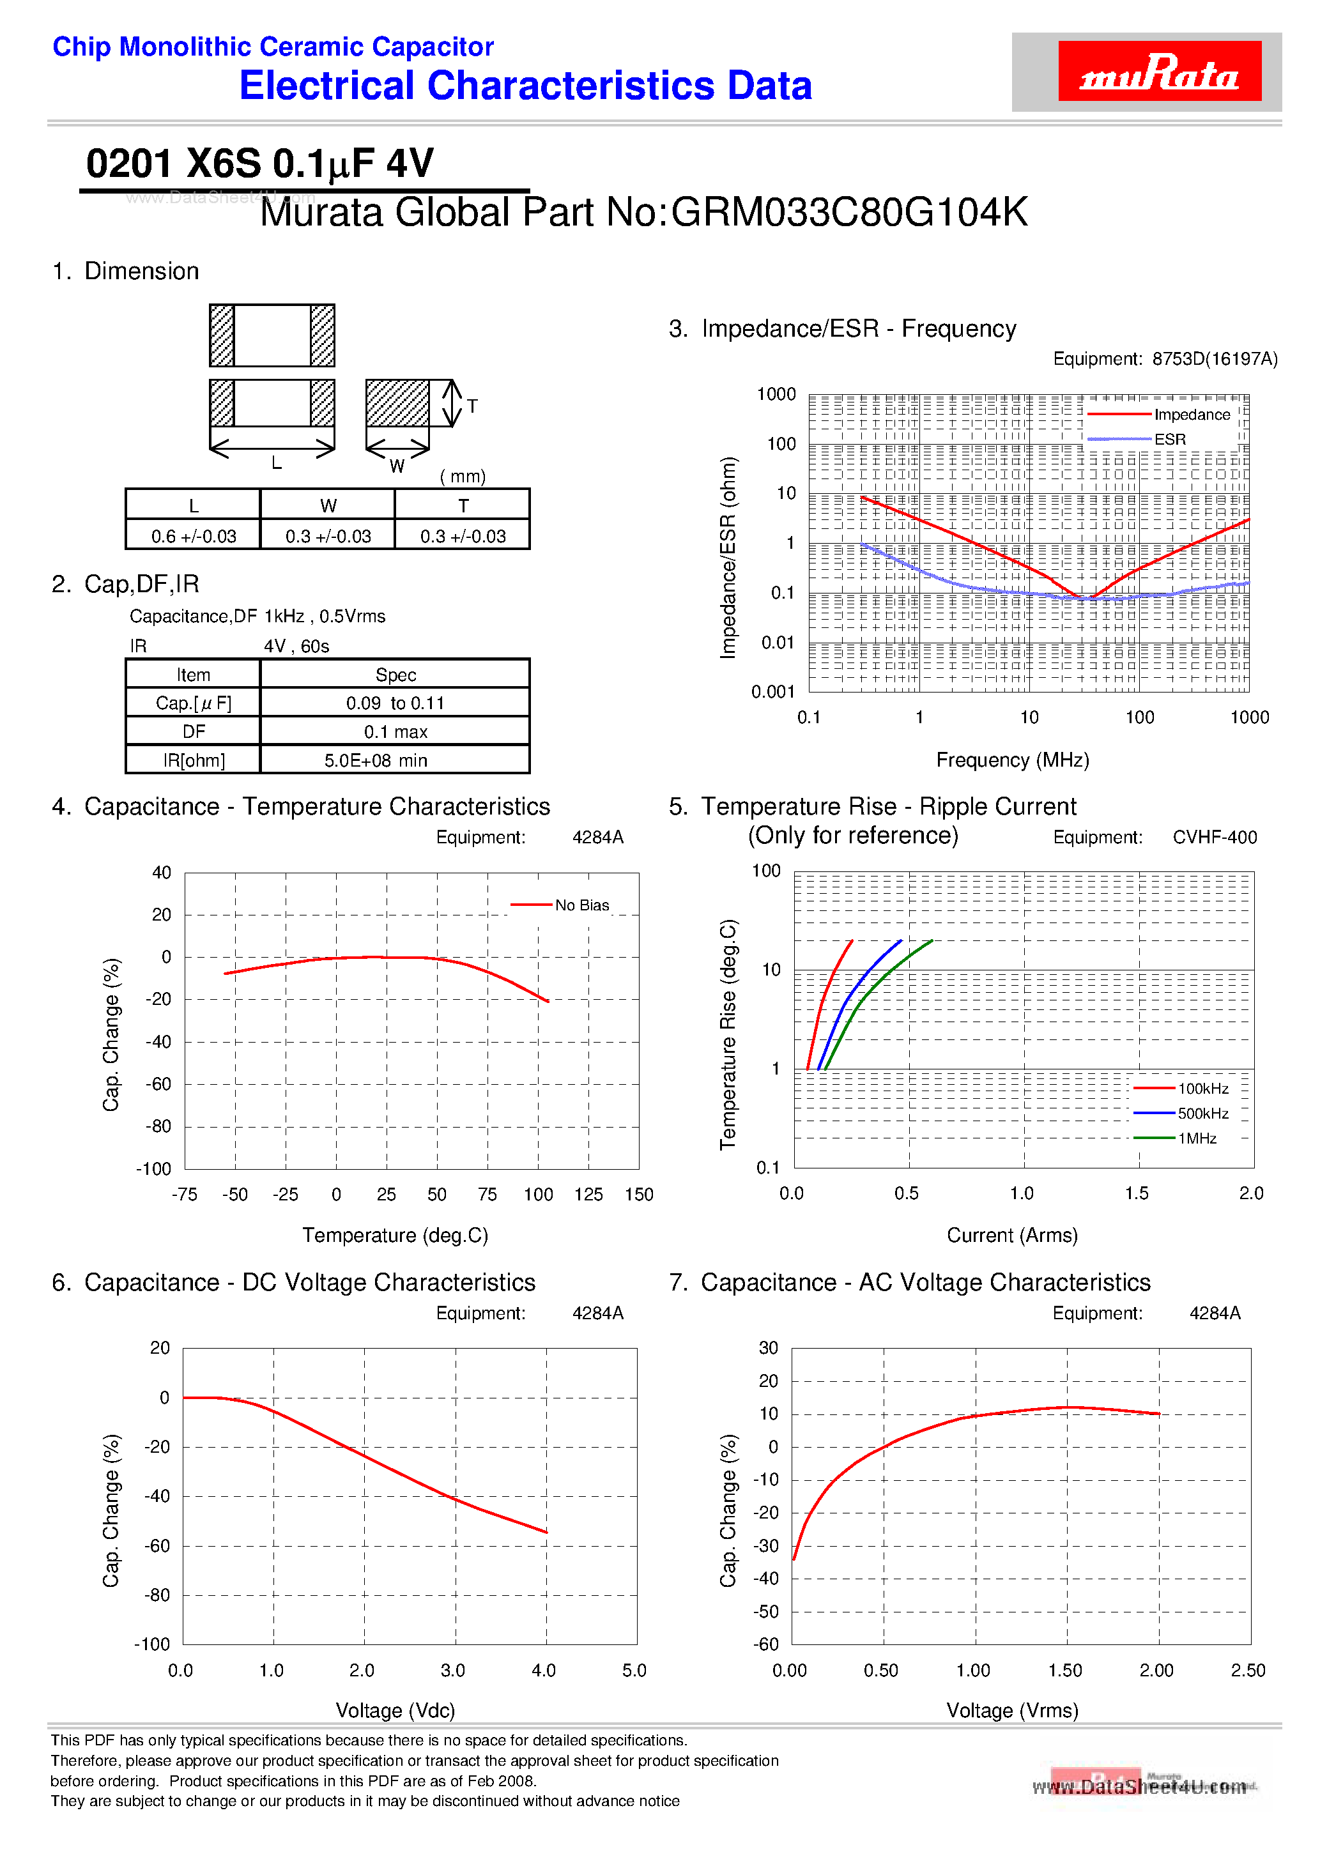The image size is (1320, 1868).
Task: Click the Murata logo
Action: point(1158,72)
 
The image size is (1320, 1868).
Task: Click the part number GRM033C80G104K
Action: point(849,212)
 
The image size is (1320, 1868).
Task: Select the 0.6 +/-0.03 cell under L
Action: point(194,536)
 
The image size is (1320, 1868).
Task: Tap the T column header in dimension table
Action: point(463,505)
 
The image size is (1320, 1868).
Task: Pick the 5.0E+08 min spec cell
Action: point(376,760)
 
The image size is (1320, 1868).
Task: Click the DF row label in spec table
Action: point(194,731)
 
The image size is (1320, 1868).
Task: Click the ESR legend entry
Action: point(1169,440)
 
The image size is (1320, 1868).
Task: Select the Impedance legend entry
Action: point(1192,415)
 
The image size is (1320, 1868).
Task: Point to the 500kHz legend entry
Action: point(1202,1113)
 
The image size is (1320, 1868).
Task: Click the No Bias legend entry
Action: point(581,905)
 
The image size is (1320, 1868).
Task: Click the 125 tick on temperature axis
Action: point(588,1195)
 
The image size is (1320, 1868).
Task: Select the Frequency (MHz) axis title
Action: point(1011,760)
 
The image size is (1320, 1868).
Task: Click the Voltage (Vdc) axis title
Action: point(395,1710)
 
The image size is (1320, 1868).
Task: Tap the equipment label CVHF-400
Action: point(1214,837)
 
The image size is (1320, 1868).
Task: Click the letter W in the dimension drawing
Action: point(396,466)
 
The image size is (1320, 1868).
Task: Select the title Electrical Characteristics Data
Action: point(526,86)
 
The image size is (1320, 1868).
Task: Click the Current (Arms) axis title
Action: point(1011,1235)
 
